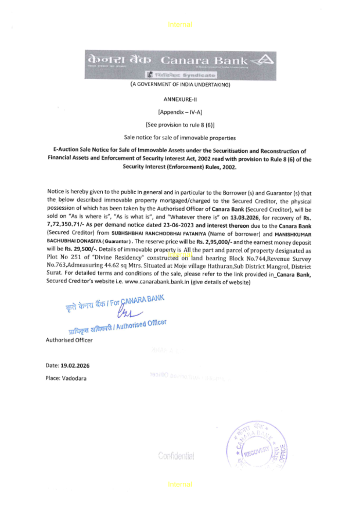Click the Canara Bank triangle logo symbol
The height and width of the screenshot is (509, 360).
(x=264, y=60)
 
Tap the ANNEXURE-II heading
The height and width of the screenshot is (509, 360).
(x=180, y=99)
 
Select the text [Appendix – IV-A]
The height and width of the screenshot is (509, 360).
(x=180, y=112)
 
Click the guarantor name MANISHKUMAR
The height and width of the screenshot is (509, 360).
(x=293, y=234)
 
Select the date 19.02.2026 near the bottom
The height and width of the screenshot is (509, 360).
(x=75, y=366)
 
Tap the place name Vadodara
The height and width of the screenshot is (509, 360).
(x=74, y=378)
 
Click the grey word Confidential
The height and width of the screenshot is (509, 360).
(x=176, y=456)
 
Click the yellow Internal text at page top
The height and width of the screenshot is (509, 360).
(x=180, y=24)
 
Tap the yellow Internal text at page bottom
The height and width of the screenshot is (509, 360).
(x=180, y=485)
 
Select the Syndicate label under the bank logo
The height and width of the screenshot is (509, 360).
(x=199, y=75)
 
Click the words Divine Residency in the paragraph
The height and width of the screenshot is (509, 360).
(x=119, y=258)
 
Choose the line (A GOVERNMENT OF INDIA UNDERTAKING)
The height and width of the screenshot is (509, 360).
(x=180, y=85)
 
